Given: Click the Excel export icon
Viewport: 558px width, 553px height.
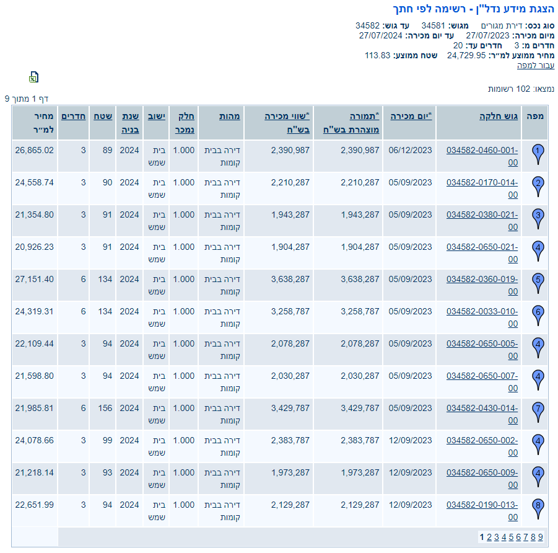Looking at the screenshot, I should [x=34, y=77].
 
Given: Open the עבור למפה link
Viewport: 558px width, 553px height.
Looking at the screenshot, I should [x=536, y=65].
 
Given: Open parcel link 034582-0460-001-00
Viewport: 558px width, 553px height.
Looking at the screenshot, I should [x=482, y=156].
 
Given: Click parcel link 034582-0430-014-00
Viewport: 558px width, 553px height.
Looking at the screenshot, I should [x=482, y=414].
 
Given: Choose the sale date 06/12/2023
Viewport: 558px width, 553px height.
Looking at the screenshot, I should [x=410, y=150].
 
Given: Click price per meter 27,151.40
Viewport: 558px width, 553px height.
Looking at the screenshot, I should [x=35, y=279].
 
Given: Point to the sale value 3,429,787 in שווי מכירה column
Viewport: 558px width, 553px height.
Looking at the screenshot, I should [x=290, y=408].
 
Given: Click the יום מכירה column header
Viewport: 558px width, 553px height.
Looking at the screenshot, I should [x=411, y=116].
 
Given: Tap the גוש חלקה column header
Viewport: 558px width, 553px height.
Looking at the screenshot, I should [x=498, y=116].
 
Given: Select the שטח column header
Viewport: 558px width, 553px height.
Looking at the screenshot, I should [x=103, y=116].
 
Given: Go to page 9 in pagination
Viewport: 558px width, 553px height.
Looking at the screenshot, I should [x=540, y=537].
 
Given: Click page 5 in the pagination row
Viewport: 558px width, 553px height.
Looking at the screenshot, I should [x=511, y=537].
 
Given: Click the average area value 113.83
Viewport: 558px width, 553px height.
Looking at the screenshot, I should [x=377, y=55].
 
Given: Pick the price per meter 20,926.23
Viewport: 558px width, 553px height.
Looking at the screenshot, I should [x=35, y=247].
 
